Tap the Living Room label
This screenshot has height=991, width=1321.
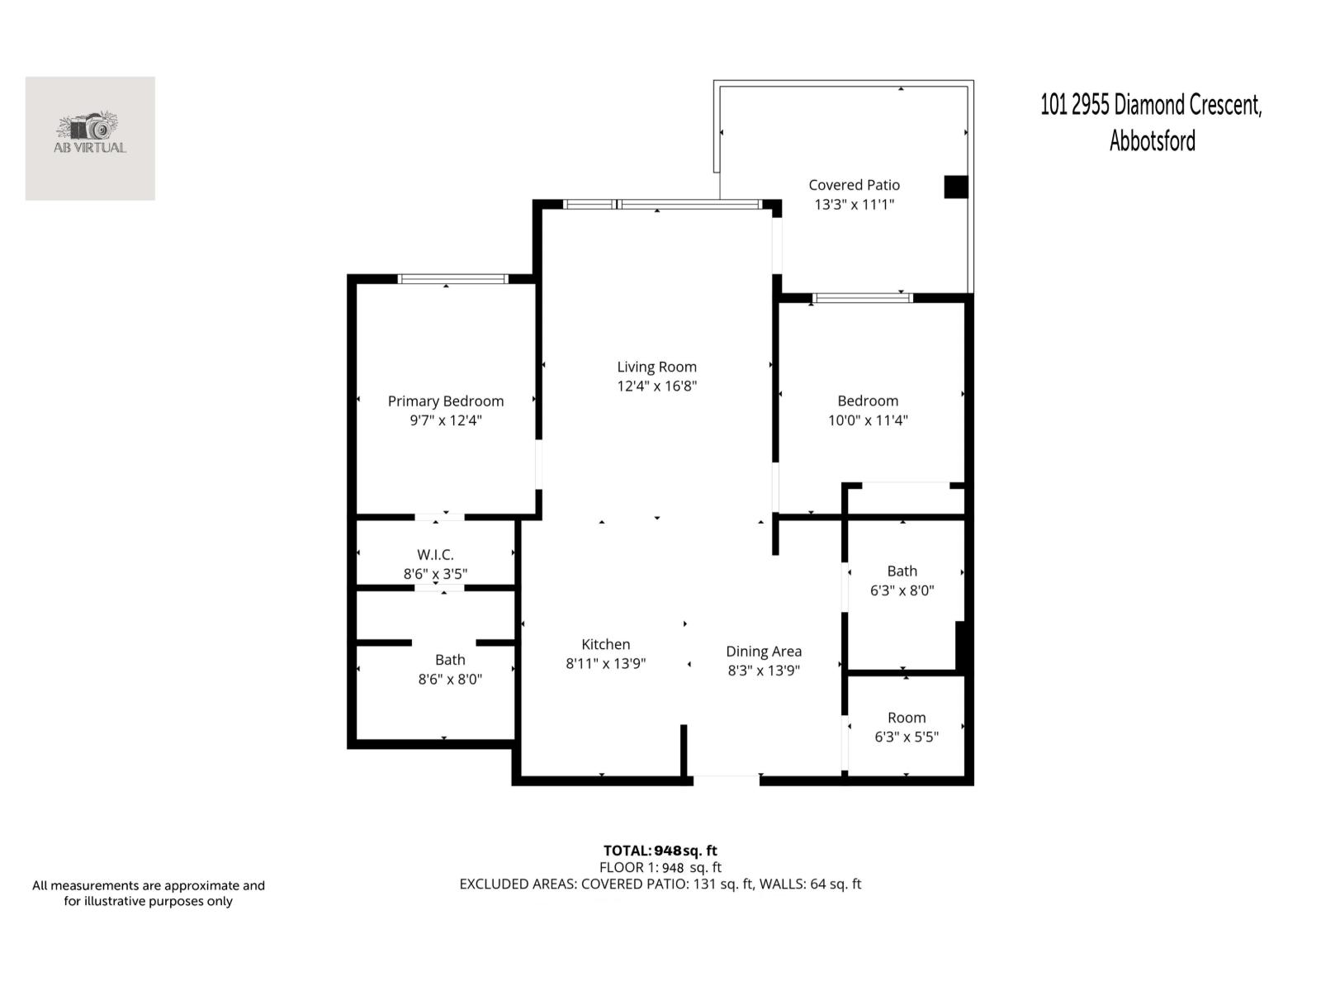coord(656,367)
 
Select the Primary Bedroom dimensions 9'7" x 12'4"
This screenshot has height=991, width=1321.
coord(446,420)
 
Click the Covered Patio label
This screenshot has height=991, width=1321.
coord(854,185)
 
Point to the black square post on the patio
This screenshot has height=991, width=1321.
coord(955,187)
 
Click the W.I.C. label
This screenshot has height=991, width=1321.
coord(435,555)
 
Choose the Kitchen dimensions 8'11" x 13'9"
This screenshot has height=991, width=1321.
coord(605,664)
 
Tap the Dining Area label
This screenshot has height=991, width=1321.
coord(764,652)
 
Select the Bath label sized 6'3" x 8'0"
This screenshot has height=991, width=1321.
coord(902,571)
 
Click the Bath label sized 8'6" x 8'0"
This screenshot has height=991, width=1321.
coord(450,660)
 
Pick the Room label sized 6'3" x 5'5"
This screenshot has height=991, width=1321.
coord(907,718)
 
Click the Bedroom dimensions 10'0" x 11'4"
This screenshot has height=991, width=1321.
coord(868,420)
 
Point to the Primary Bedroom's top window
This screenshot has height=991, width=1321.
coord(452,279)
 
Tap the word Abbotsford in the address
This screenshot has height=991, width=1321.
coord(1152,141)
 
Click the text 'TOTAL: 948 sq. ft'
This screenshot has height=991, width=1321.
coord(660,851)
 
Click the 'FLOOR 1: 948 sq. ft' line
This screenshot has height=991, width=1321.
coord(660,867)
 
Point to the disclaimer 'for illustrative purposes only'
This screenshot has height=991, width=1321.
coord(149,902)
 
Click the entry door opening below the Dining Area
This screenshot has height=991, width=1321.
coord(726,779)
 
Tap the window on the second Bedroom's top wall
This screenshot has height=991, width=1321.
coord(862,298)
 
